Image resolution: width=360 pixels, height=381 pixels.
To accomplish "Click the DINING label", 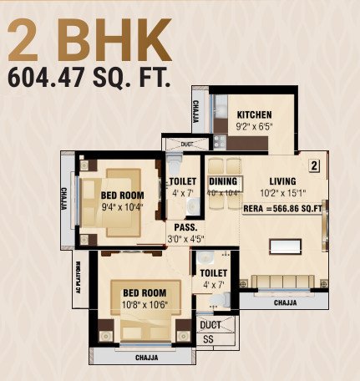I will click(x=223, y=181).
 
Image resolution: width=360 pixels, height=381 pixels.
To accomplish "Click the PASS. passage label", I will click(x=185, y=227).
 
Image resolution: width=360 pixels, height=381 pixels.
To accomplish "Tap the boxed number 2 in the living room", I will click(x=315, y=165).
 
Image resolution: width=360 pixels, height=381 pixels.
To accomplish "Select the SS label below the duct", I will click(x=208, y=340).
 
